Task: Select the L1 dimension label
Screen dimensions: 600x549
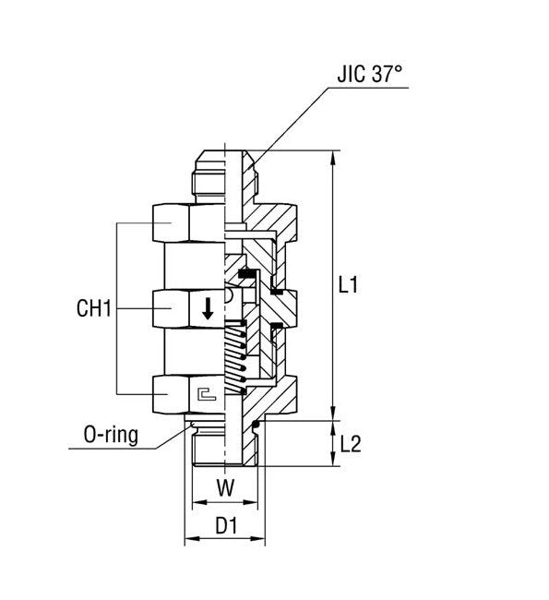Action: pyautogui.click(x=348, y=287)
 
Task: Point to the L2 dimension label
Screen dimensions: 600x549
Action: pyautogui.click(x=350, y=444)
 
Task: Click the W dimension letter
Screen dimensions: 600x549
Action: pyautogui.click(x=224, y=486)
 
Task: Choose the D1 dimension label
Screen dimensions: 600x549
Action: pyautogui.click(x=225, y=527)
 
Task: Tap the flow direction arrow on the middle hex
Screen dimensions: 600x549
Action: pyautogui.click(x=208, y=309)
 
